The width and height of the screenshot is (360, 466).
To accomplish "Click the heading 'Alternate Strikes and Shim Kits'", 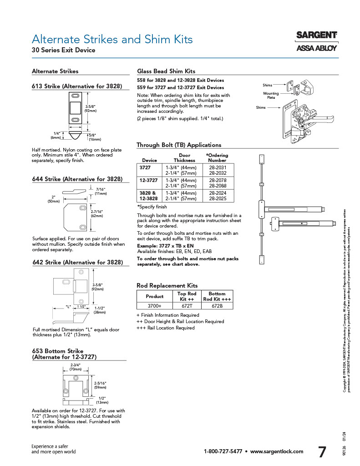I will [112, 39].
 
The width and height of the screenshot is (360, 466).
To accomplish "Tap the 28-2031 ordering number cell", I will [217, 167].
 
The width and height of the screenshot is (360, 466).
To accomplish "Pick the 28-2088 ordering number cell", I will [217, 186].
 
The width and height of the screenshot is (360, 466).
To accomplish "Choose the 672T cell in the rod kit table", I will [187, 306].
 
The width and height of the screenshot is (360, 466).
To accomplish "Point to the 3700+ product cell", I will [154, 306].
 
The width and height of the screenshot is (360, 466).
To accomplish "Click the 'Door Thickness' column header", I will [184, 158].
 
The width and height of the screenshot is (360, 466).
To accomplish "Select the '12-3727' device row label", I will [149, 181].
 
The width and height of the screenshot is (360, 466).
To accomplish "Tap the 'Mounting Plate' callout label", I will [271, 96].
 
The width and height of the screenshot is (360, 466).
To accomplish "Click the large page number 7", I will [322, 452].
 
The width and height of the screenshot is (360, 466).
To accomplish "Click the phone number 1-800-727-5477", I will [223, 451].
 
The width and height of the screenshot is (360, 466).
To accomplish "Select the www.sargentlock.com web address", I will [277, 451].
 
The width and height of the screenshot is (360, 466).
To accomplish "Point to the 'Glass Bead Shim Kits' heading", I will [166, 71].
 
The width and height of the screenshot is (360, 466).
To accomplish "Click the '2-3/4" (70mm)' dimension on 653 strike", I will [76, 367].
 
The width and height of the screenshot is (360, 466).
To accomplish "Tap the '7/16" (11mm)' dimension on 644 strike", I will [101, 191].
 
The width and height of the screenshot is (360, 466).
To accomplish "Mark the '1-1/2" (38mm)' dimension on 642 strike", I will [100, 310].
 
